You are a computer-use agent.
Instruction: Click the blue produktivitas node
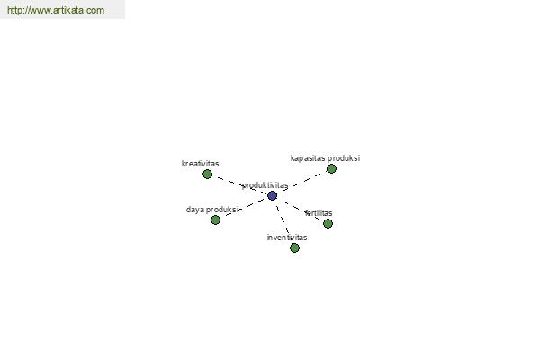click(272, 195)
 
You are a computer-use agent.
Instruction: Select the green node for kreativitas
click(207, 175)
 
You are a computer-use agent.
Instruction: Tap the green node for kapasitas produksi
click(331, 169)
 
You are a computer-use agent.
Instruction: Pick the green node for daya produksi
click(215, 220)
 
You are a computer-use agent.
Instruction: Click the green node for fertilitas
click(328, 223)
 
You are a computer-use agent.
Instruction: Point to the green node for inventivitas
click(294, 247)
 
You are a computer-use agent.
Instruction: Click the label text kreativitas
click(200, 164)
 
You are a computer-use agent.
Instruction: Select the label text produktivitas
click(265, 185)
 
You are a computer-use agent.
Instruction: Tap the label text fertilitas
click(319, 213)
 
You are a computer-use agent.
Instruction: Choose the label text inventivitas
click(287, 238)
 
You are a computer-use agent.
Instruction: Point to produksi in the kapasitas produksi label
click(342, 158)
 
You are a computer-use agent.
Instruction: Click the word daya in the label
click(193, 210)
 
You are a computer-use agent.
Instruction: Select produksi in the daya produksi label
click(220, 210)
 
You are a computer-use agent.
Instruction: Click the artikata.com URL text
click(56, 10)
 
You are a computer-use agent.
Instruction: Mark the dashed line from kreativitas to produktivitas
click(239, 185)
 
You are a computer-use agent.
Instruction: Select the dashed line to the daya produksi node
click(244, 208)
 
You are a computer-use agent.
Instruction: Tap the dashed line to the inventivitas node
click(283, 222)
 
